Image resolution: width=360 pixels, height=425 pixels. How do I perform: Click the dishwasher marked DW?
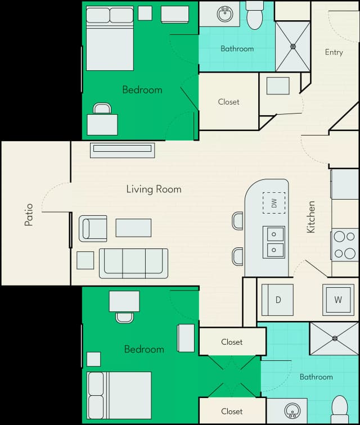pos(274,203)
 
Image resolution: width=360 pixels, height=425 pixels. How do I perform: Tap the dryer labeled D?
pos(277,300)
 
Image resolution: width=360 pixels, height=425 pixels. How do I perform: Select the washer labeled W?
pos(338,300)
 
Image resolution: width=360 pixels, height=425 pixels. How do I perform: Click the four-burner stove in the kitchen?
pos(345,245)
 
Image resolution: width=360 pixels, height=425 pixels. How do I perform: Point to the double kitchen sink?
pos(274,242)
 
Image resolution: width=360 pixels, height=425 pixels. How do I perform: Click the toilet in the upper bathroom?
pos(254,15)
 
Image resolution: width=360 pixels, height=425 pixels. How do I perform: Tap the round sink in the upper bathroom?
pos(225,13)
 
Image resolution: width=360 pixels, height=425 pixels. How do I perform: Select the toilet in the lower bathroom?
pos(340,410)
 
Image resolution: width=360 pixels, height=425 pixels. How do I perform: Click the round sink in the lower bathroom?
pos(292,410)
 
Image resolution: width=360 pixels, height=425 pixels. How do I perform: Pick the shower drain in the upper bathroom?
pos(293,47)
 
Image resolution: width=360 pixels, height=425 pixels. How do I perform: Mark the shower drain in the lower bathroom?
pos(335,338)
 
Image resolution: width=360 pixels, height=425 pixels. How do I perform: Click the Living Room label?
pos(154,189)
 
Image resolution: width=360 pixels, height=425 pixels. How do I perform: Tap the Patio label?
pos(29,215)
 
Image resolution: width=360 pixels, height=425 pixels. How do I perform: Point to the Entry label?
pos(334,52)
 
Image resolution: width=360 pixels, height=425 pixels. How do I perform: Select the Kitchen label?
pos(311,217)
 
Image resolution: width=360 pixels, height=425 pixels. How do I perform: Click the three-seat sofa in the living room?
pos(133,264)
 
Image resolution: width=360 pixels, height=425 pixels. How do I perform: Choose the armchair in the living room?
pos(93,228)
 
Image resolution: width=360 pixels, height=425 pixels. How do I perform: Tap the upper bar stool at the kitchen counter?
pos(237,220)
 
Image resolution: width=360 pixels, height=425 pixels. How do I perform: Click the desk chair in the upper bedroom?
pos(102,108)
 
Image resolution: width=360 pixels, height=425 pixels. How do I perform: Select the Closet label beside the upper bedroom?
pos(229,102)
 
